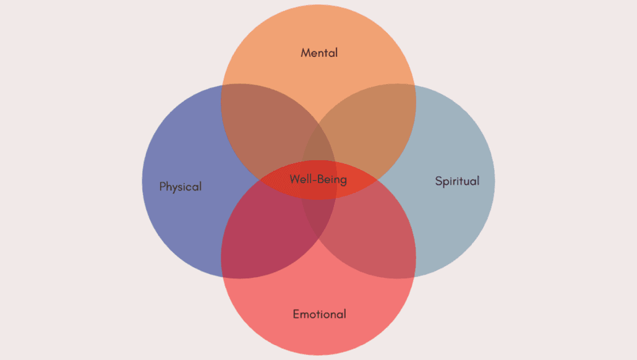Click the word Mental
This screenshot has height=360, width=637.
pos(319,53)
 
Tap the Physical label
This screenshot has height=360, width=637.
pos(181,186)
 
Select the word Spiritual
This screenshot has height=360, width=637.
pos(457,181)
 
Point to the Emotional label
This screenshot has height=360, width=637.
pos(319,314)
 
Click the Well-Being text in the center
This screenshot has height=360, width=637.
pos(318,180)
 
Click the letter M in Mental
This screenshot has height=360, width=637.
pos(306,53)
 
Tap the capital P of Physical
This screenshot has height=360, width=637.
pos(163,186)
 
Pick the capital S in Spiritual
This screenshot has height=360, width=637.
pos(438,181)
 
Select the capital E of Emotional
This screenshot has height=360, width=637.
pos(296,314)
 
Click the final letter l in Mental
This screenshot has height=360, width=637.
pos(336,53)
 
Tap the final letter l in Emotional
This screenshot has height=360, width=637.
pos(344,314)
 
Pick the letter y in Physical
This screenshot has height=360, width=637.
pos(175,187)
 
